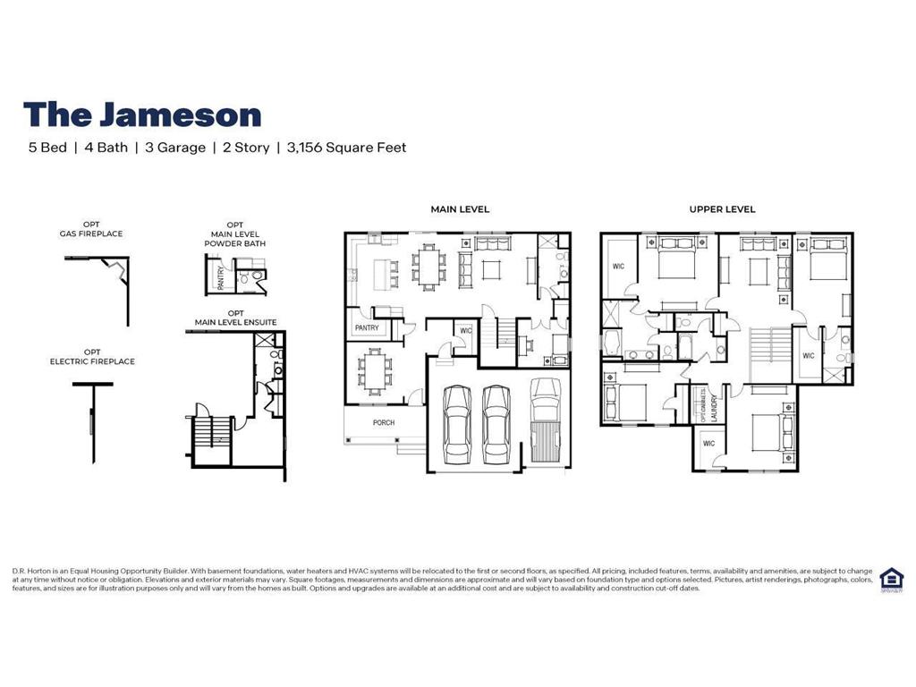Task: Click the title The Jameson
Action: click(142, 114)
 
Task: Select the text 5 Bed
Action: click(47, 148)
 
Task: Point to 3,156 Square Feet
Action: click(346, 148)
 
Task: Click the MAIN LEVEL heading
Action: click(460, 209)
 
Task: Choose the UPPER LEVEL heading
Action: click(722, 209)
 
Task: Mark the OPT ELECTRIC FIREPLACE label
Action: click(92, 356)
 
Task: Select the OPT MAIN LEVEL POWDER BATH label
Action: click(235, 233)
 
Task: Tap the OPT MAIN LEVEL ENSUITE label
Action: click(235, 317)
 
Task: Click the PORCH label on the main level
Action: click(383, 423)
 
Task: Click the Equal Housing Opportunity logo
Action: click(891, 580)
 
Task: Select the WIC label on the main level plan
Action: click(465, 331)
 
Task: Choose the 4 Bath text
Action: click(106, 148)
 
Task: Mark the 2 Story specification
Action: click(246, 148)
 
